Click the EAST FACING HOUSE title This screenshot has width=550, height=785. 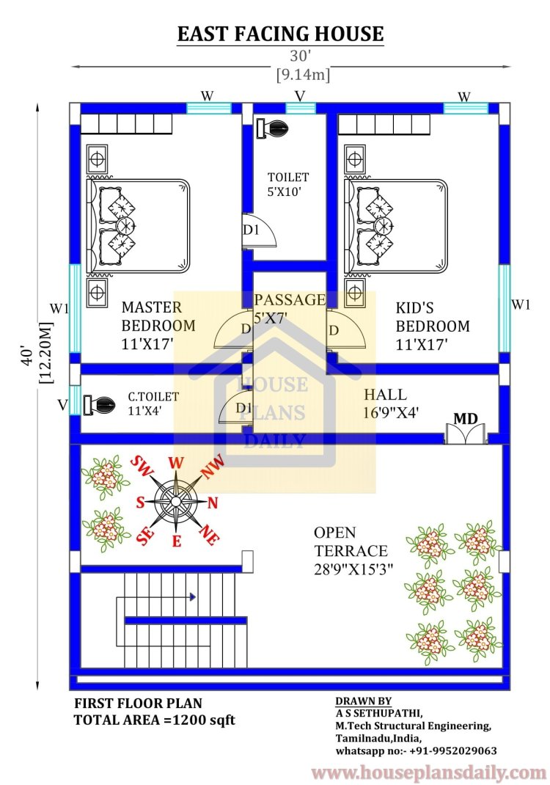(x=280, y=34)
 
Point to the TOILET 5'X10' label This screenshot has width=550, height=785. (x=287, y=184)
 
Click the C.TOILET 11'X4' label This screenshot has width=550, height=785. (x=153, y=404)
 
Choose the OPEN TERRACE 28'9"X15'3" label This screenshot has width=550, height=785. (x=353, y=551)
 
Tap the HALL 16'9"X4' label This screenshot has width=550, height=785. (x=391, y=403)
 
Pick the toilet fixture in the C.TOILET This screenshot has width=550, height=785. (x=99, y=404)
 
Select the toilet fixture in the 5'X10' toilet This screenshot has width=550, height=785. (x=272, y=128)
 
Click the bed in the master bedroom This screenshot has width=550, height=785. (x=138, y=226)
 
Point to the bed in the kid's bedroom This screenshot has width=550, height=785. (x=396, y=226)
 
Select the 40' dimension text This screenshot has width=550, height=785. (x=28, y=356)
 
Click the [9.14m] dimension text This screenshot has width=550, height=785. (x=303, y=75)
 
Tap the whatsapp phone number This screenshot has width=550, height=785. (x=453, y=751)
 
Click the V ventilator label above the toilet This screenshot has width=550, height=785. (x=300, y=96)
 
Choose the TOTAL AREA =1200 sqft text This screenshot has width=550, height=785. (x=155, y=720)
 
